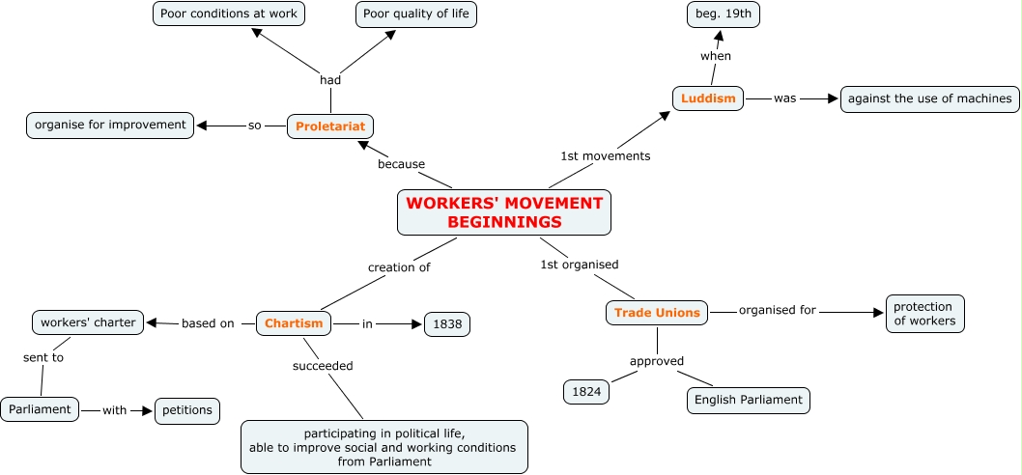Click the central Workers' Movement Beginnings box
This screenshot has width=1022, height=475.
coord(504,212)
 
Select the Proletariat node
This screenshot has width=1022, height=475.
coord(330,126)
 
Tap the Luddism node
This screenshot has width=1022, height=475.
coord(708,98)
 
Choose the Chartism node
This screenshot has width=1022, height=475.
coord(294,323)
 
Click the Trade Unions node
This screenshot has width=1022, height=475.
coord(657,313)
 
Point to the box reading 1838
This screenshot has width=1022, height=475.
coord(447,324)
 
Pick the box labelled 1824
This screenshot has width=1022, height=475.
coord(586,392)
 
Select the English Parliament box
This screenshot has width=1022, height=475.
coord(748,400)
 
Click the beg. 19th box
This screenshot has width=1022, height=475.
coord(723,14)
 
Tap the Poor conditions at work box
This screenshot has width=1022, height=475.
coord(230,14)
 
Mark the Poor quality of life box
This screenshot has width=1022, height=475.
coord(417,14)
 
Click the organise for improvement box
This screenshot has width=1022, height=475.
coord(110,125)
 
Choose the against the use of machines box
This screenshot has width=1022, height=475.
coord(930,98)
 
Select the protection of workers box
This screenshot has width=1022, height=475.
coord(924,314)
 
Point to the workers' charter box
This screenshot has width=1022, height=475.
coord(89,322)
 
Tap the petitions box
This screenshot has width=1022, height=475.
coord(187,410)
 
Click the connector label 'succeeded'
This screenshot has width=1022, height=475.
coord(323,366)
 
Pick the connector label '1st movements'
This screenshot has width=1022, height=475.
coord(606,155)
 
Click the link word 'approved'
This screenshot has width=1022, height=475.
coord(657,361)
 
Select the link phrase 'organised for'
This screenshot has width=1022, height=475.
coord(778,311)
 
